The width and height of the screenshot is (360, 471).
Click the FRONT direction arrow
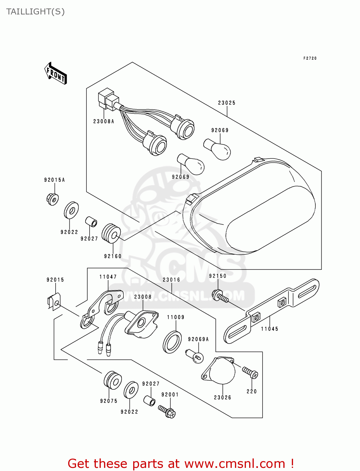tap(56, 73)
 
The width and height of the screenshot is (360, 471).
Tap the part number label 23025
tap(226, 103)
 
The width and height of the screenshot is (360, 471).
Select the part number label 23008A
tap(104, 122)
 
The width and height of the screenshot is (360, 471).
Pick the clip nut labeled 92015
tap(54, 302)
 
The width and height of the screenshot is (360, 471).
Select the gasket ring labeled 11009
tap(172, 342)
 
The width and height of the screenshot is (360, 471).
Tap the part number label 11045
tap(270, 329)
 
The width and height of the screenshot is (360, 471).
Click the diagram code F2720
tap(310, 58)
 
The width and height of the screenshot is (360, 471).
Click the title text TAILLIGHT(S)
tap(35, 12)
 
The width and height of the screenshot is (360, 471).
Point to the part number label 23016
tap(171, 280)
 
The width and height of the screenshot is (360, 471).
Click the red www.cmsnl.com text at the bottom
tap(234, 463)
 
